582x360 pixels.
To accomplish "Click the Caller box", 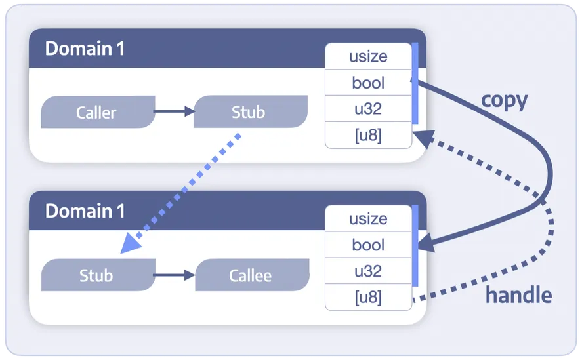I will coord(97,112).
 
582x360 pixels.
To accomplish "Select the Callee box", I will coord(251,275).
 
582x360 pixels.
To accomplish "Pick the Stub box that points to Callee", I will coord(97,275).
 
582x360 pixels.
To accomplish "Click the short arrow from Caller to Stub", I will coord(174,112).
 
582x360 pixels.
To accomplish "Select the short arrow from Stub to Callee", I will coord(174,275).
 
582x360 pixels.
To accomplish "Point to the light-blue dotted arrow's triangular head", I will coord(131,243).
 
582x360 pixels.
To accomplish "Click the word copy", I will coord(504,100).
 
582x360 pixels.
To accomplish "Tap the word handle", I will coord(518,295).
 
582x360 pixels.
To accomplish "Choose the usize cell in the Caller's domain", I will coord(368,56).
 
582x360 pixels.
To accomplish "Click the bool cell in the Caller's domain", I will coord(368,83).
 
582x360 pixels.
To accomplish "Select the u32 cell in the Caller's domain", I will coord(368,110).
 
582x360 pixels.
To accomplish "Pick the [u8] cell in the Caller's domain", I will coord(368,136).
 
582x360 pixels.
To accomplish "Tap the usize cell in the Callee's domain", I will coord(368,218).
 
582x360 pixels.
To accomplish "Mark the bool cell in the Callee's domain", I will coord(368,245).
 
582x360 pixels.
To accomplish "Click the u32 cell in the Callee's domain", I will coord(368,271).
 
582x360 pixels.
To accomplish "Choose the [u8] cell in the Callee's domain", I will coord(368,298).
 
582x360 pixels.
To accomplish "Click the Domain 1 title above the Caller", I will coord(85,49).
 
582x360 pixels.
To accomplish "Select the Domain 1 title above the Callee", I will coord(85,211).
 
